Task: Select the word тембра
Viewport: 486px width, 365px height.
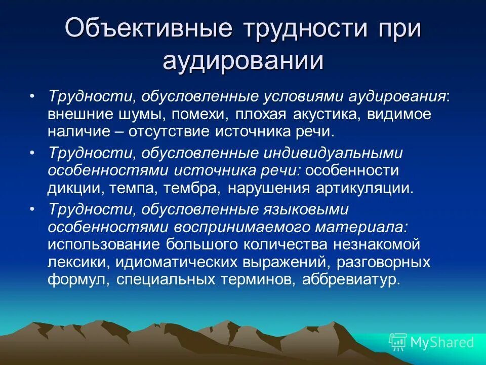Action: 193,189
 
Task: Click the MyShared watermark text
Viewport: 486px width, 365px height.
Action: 441,342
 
